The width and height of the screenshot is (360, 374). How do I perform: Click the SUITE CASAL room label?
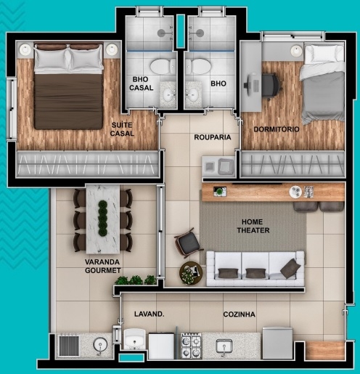coord(122,129)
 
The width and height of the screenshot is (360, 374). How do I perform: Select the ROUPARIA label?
coord(212,137)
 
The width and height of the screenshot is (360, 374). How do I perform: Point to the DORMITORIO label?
coord(277,129)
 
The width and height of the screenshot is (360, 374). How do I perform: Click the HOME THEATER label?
coord(253,226)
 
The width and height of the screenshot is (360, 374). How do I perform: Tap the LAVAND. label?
coord(150,314)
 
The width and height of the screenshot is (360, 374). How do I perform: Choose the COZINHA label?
coord(240,314)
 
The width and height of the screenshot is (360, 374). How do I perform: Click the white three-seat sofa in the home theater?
coord(254,267)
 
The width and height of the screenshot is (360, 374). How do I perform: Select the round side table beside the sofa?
coord(192,274)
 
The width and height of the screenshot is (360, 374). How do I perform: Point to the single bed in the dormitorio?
coord(322,84)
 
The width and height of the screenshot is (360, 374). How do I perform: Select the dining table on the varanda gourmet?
coord(102,217)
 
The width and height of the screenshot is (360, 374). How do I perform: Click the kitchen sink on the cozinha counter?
coord(223,346)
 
